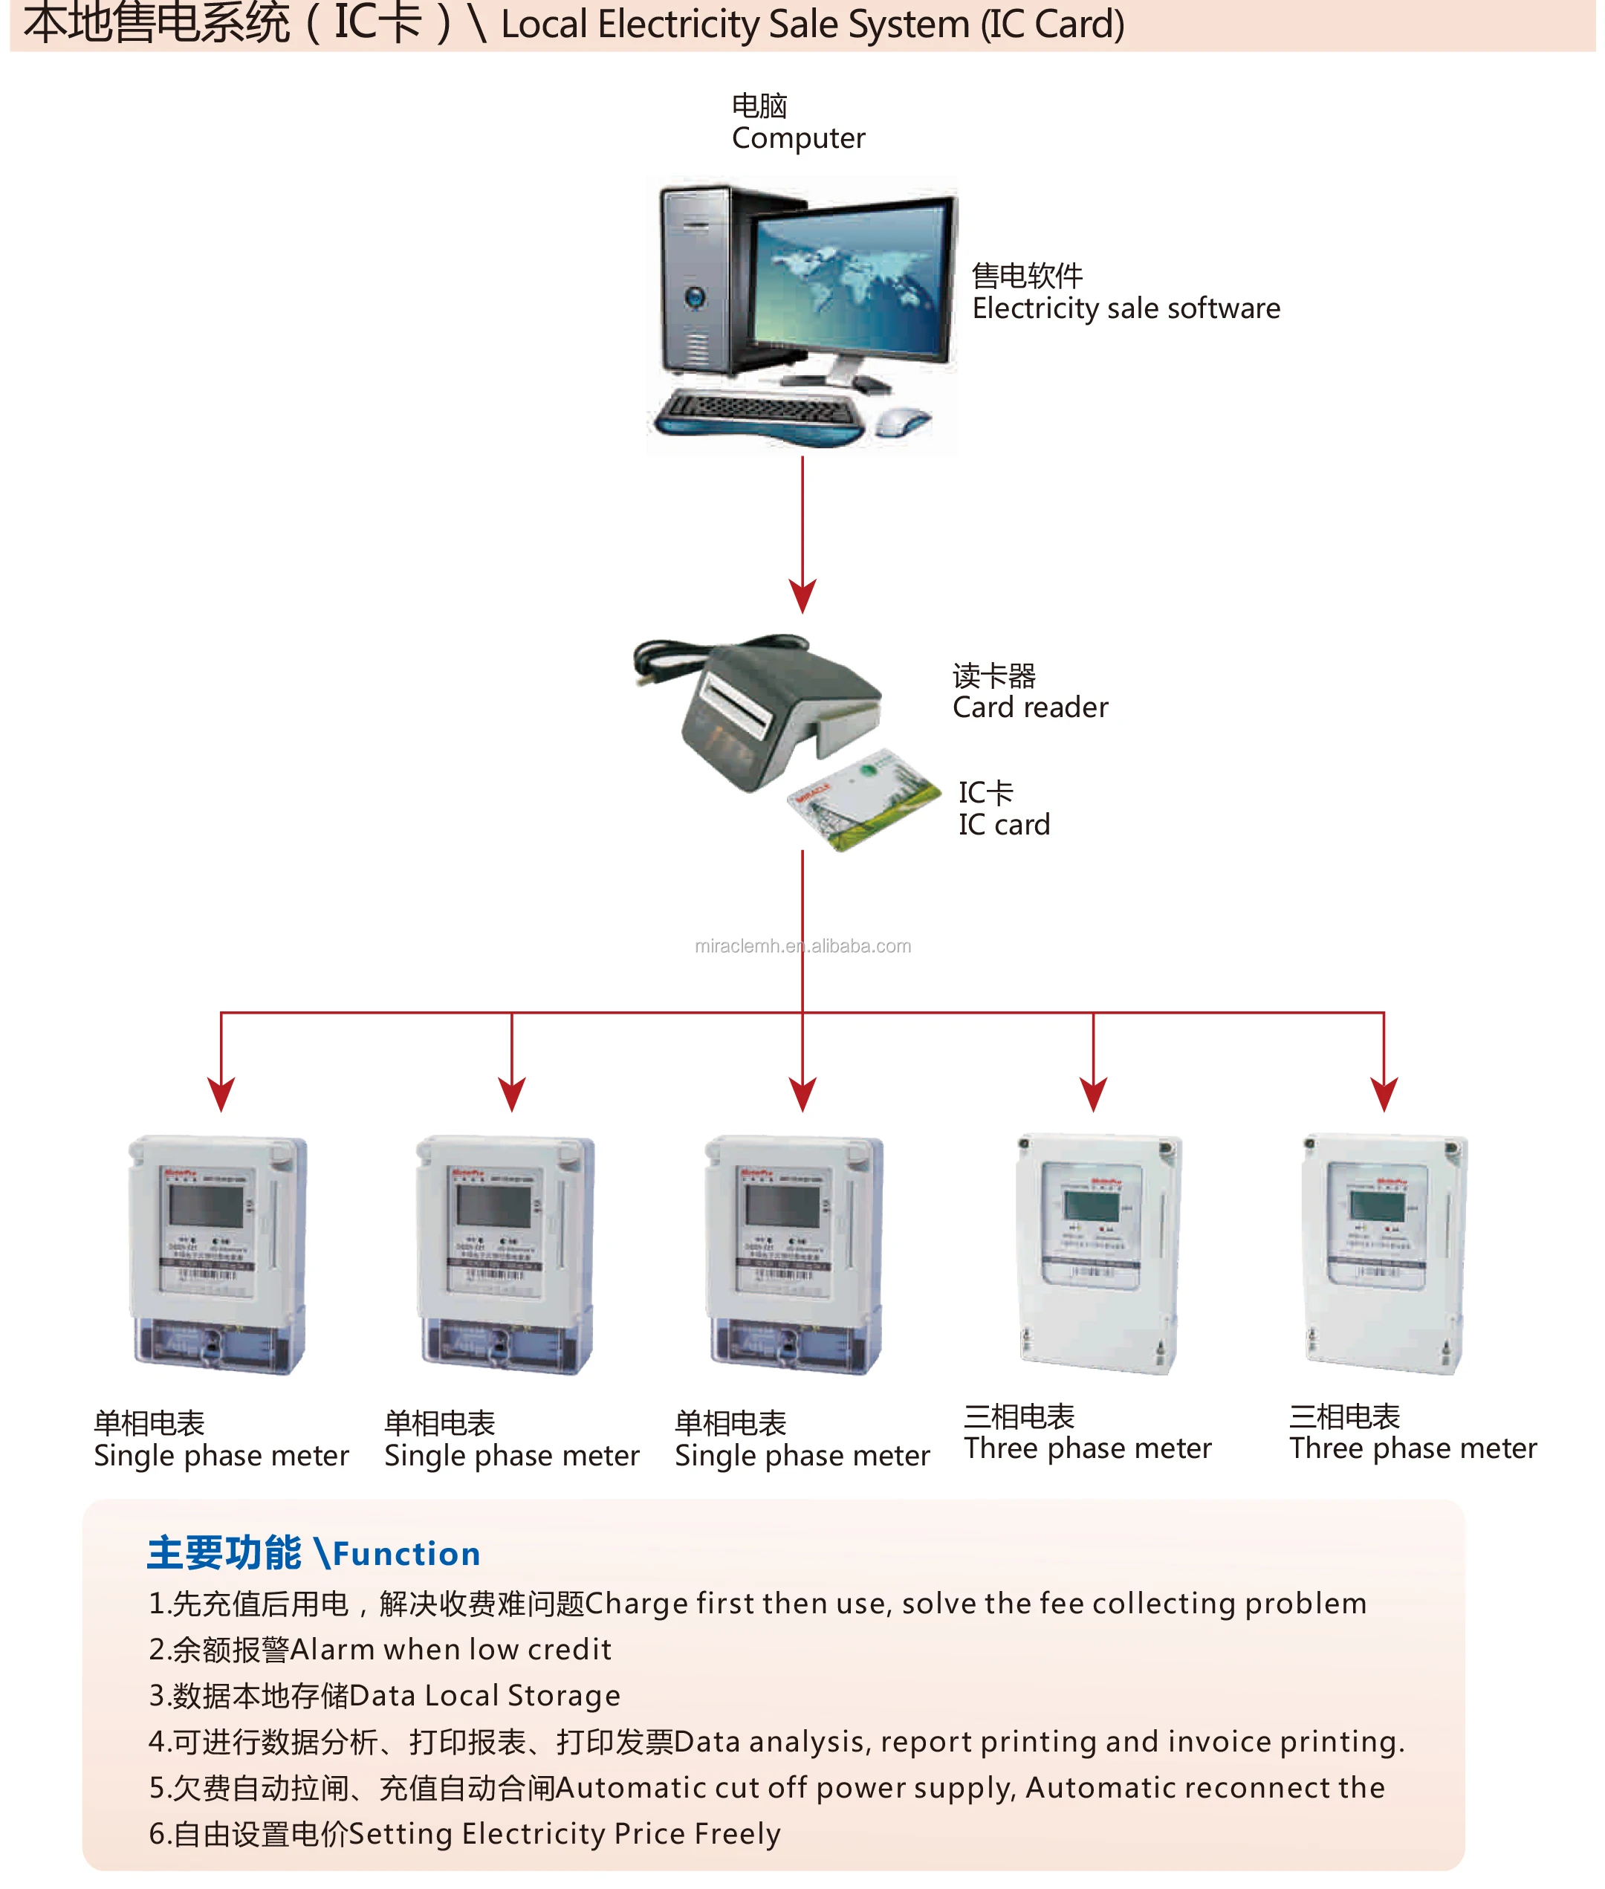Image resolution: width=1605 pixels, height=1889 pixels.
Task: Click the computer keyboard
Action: point(759,414)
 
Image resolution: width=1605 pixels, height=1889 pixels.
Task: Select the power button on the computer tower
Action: point(696,297)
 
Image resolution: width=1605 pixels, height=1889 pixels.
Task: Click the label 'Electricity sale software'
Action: point(1126,309)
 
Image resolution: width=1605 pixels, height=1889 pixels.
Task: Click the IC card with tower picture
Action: point(863,799)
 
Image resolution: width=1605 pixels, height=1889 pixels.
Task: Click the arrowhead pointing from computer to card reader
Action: point(802,596)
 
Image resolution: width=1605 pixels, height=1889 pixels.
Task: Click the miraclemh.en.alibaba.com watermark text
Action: point(802,946)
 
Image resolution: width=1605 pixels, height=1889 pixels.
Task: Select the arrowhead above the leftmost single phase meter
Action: point(221,1094)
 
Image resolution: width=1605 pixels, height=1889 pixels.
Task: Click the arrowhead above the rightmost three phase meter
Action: point(1384,1094)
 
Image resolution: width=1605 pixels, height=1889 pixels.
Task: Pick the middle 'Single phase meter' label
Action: point(802,1456)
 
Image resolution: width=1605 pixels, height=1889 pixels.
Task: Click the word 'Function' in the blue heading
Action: point(406,1554)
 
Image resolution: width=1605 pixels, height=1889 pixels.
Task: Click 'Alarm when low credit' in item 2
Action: point(450,1650)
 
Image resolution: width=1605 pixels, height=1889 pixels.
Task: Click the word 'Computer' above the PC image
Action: point(798,138)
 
